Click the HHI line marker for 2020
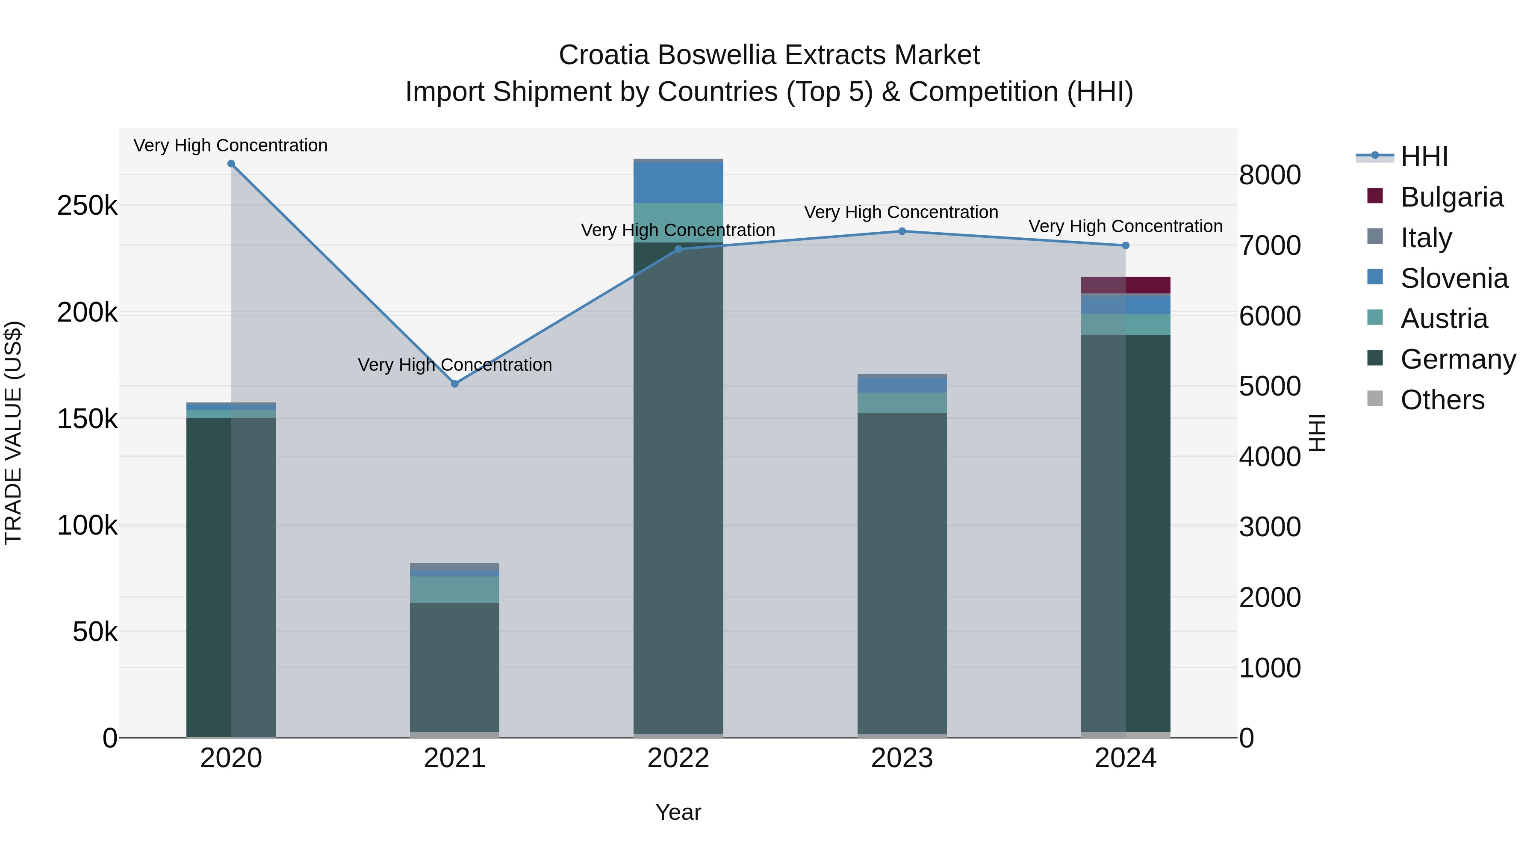point(231,164)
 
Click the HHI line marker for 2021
point(455,384)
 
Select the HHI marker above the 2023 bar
point(902,231)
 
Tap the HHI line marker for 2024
point(1126,245)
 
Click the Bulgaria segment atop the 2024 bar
point(1126,285)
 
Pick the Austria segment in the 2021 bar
point(455,589)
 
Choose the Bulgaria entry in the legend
point(1451,197)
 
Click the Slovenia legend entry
point(1453,278)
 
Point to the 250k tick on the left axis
point(87,206)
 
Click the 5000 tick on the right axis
point(1270,386)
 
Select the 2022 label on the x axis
point(678,758)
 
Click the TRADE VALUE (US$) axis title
point(13,433)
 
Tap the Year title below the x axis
point(678,812)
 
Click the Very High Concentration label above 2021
point(455,364)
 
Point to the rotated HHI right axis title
point(1317,433)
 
